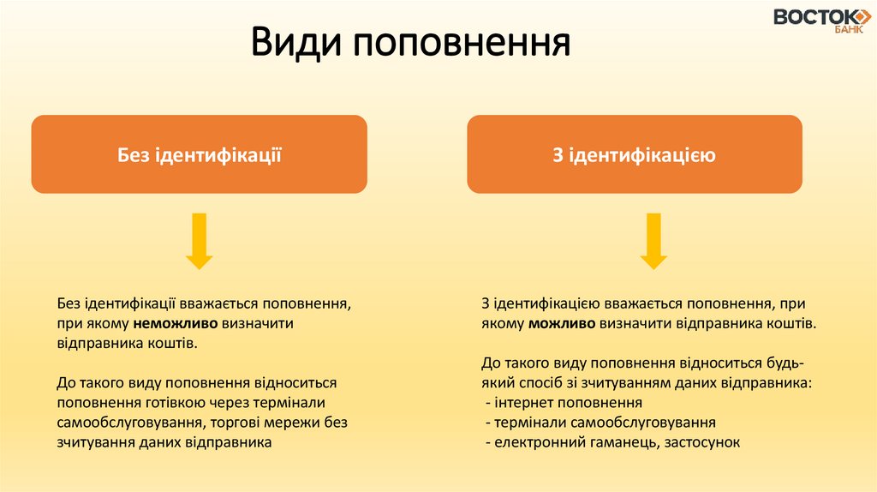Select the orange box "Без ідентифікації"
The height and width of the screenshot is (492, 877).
click(x=200, y=154)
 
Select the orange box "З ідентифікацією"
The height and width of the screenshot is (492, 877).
click(x=635, y=154)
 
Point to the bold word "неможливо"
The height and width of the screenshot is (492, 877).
click(x=176, y=324)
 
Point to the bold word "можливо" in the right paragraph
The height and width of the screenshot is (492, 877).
click(x=562, y=324)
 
